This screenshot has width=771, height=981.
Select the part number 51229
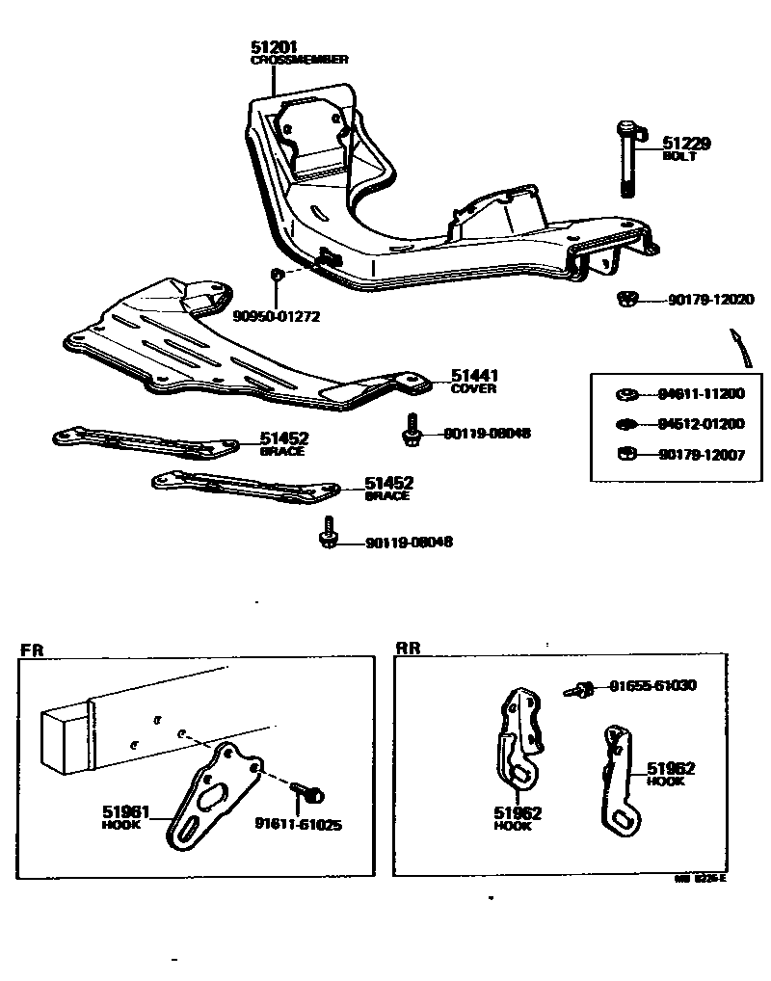point(685,144)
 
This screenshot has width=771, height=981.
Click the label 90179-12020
point(710,300)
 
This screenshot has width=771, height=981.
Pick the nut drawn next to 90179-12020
point(625,300)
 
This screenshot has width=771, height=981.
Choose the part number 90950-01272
point(276,314)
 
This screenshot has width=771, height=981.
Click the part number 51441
point(475,376)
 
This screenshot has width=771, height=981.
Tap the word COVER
point(473,389)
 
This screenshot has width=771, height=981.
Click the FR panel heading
point(32,650)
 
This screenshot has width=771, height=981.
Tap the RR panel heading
point(409,650)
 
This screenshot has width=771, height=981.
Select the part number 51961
point(125,812)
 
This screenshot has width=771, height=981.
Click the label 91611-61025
point(298,824)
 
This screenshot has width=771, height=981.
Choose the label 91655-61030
point(652,686)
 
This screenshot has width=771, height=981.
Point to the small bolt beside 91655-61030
point(580,689)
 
